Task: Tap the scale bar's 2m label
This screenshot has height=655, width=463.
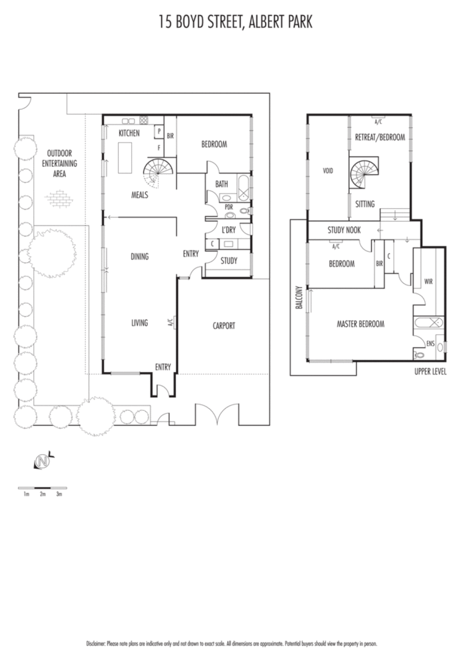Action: coord(43,494)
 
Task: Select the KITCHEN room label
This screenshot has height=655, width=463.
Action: coord(129,133)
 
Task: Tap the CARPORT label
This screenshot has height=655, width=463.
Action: coord(223,326)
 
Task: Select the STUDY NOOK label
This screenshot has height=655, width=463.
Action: coord(344,230)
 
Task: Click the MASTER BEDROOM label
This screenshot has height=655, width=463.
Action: coord(360,324)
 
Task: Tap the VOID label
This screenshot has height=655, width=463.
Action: coord(328,171)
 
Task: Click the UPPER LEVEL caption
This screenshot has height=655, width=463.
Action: coord(430,371)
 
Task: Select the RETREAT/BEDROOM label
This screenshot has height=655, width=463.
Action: coord(380,137)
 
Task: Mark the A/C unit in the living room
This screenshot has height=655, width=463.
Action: coord(173,322)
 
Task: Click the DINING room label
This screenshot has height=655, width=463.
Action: coord(140,256)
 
